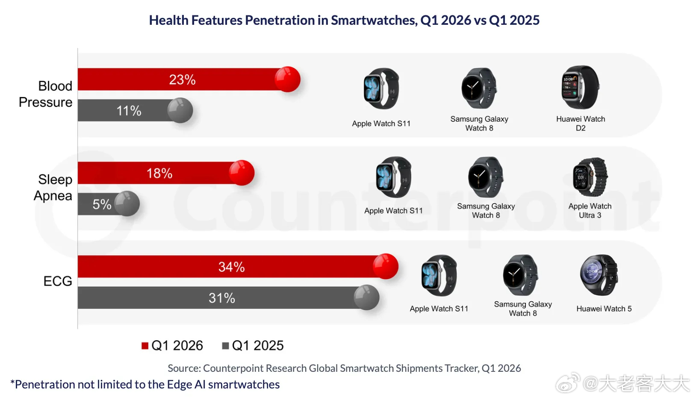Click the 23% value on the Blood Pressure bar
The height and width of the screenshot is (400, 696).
(x=183, y=79)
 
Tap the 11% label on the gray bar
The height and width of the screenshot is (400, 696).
(x=129, y=111)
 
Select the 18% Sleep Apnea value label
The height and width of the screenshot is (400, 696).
(x=159, y=174)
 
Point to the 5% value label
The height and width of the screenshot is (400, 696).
(x=102, y=204)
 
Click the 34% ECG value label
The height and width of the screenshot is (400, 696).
(x=231, y=267)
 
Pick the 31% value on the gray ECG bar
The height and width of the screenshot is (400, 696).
(x=222, y=298)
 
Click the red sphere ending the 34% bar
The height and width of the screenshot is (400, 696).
(x=386, y=267)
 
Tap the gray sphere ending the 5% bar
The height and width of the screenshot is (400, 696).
(x=127, y=204)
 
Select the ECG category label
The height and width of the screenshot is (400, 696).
(x=58, y=281)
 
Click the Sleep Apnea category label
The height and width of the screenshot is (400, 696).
(x=53, y=188)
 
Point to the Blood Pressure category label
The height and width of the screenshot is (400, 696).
(x=46, y=94)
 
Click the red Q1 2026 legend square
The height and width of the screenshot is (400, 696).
(x=145, y=346)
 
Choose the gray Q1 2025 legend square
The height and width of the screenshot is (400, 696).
(x=226, y=346)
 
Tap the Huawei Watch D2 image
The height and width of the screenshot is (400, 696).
(x=581, y=88)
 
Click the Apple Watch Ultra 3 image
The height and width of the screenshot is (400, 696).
(x=590, y=177)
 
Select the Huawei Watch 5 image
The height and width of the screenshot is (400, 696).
(x=599, y=275)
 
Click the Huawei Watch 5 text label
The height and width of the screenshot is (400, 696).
(x=604, y=309)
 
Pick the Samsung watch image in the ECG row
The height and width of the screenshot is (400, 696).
(x=521, y=275)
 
